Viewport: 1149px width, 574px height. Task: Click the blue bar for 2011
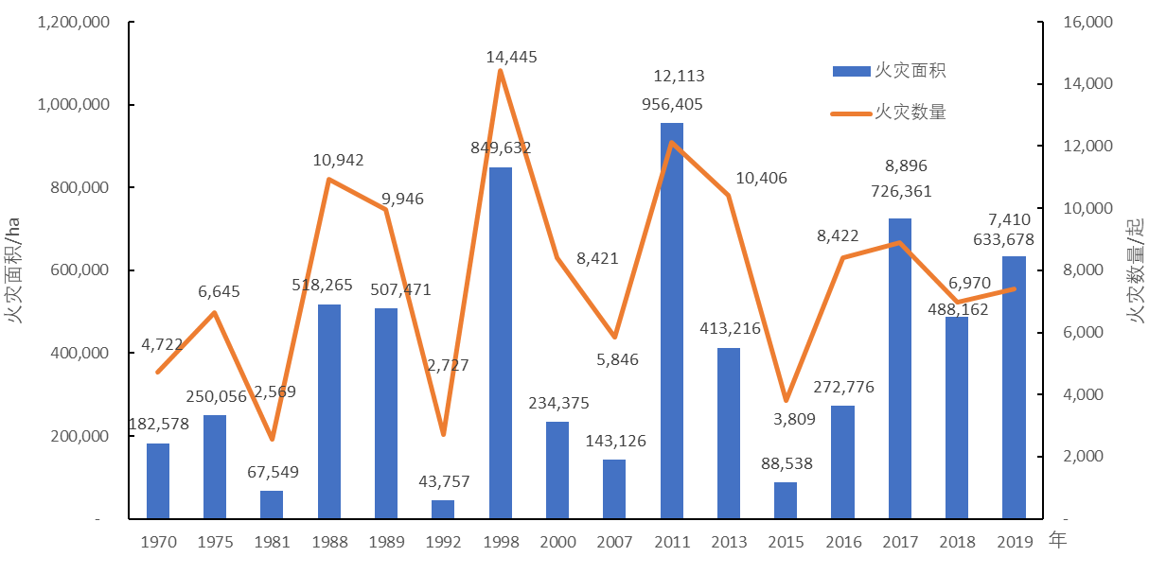pyautogui.click(x=671, y=322)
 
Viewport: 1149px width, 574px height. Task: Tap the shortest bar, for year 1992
pyautogui.click(x=443, y=510)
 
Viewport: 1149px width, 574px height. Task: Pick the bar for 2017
pyautogui.click(x=899, y=369)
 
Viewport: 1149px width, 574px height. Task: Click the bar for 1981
pyautogui.click(x=272, y=505)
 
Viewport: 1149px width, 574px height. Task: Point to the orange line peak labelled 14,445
pyautogui.click(x=500, y=70)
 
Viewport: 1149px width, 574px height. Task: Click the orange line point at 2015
pyautogui.click(x=786, y=400)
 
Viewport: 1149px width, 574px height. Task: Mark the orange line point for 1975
pyautogui.click(x=215, y=313)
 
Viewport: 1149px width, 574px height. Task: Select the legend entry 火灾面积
pyautogui.click(x=890, y=71)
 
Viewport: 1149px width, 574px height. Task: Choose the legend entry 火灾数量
pyautogui.click(x=890, y=113)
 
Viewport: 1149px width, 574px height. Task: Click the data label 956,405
pyautogui.click(x=671, y=104)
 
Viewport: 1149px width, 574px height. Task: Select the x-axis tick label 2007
pyautogui.click(x=614, y=543)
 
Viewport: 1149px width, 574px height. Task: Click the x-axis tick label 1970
pyautogui.click(x=158, y=543)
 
